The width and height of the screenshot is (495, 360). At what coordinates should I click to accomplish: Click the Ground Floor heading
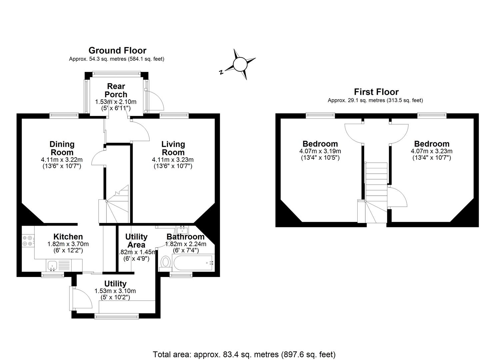pyautogui.click(x=117, y=51)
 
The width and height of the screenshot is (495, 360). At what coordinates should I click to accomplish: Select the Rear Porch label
pyautogui.click(x=116, y=90)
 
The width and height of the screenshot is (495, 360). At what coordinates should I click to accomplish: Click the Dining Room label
pyautogui.click(x=62, y=148)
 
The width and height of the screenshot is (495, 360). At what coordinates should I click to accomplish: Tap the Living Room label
pyautogui.click(x=173, y=148)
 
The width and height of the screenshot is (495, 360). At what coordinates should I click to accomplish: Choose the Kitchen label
pyautogui.click(x=68, y=237)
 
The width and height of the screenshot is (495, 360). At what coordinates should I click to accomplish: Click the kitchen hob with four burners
pyautogui.click(x=28, y=241)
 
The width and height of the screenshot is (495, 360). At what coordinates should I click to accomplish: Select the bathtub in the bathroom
pyautogui.click(x=193, y=263)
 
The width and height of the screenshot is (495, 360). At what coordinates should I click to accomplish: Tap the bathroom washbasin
pyautogui.click(x=182, y=230)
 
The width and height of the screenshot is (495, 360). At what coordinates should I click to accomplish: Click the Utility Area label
pyautogui.click(x=136, y=241)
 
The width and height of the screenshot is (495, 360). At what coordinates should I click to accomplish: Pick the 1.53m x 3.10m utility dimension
pyautogui.click(x=115, y=291)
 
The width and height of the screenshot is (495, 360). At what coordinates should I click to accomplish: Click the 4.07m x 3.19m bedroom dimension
pyautogui.click(x=320, y=151)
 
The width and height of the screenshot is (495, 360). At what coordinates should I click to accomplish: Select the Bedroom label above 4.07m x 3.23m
pyautogui.click(x=432, y=144)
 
